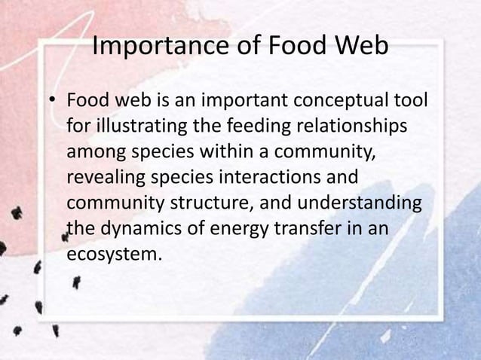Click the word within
click(x=226, y=151)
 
